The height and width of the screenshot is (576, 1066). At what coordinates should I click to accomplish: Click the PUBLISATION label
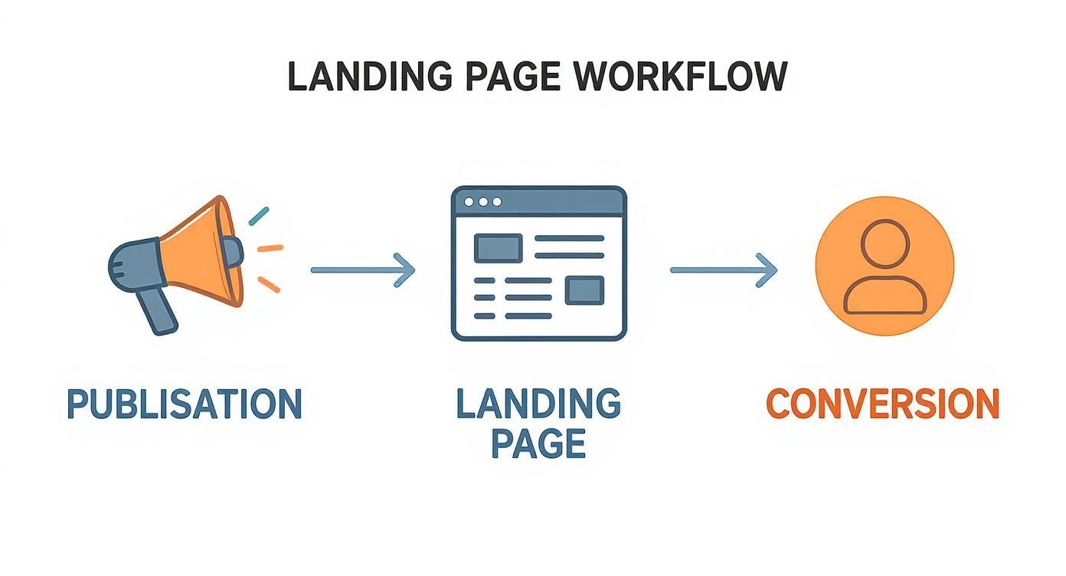click(185, 404)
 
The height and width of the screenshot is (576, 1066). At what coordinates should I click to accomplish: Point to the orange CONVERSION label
click(883, 404)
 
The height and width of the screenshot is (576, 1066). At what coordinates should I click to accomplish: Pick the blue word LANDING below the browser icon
click(538, 404)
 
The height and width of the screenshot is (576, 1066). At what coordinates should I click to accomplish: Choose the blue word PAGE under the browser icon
click(538, 443)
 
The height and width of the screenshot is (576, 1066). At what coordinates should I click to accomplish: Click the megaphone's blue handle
click(159, 310)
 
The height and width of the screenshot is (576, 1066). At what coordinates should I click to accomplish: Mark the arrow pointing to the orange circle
click(723, 270)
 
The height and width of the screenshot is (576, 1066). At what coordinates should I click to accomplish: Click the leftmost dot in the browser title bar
click(468, 201)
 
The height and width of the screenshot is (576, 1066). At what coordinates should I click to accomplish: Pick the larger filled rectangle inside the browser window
click(499, 247)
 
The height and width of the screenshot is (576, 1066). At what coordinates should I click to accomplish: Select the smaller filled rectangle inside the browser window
click(584, 290)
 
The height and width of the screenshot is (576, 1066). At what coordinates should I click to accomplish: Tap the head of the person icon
click(885, 243)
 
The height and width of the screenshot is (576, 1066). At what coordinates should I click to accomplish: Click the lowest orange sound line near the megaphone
click(269, 284)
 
